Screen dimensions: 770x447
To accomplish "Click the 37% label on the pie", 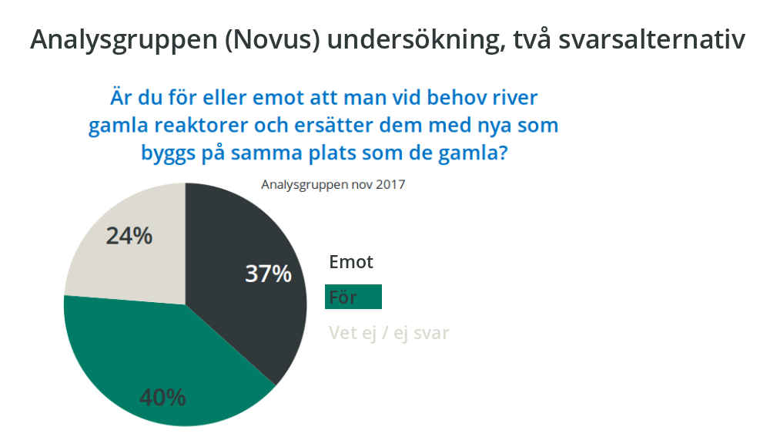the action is (x=268, y=274).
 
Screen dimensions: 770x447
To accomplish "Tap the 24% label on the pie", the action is (x=129, y=236).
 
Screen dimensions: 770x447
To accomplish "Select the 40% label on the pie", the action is (x=162, y=397).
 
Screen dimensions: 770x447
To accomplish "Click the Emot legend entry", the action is (x=351, y=261).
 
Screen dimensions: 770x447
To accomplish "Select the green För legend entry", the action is (x=353, y=297).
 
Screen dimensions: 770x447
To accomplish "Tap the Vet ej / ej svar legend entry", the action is (x=389, y=333).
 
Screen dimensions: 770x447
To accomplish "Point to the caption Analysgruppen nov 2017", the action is (x=333, y=184).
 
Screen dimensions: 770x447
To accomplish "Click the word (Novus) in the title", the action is (x=273, y=39).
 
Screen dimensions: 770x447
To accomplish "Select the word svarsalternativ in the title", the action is (x=652, y=39).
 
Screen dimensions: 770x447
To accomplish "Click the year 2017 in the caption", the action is (x=390, y=184).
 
